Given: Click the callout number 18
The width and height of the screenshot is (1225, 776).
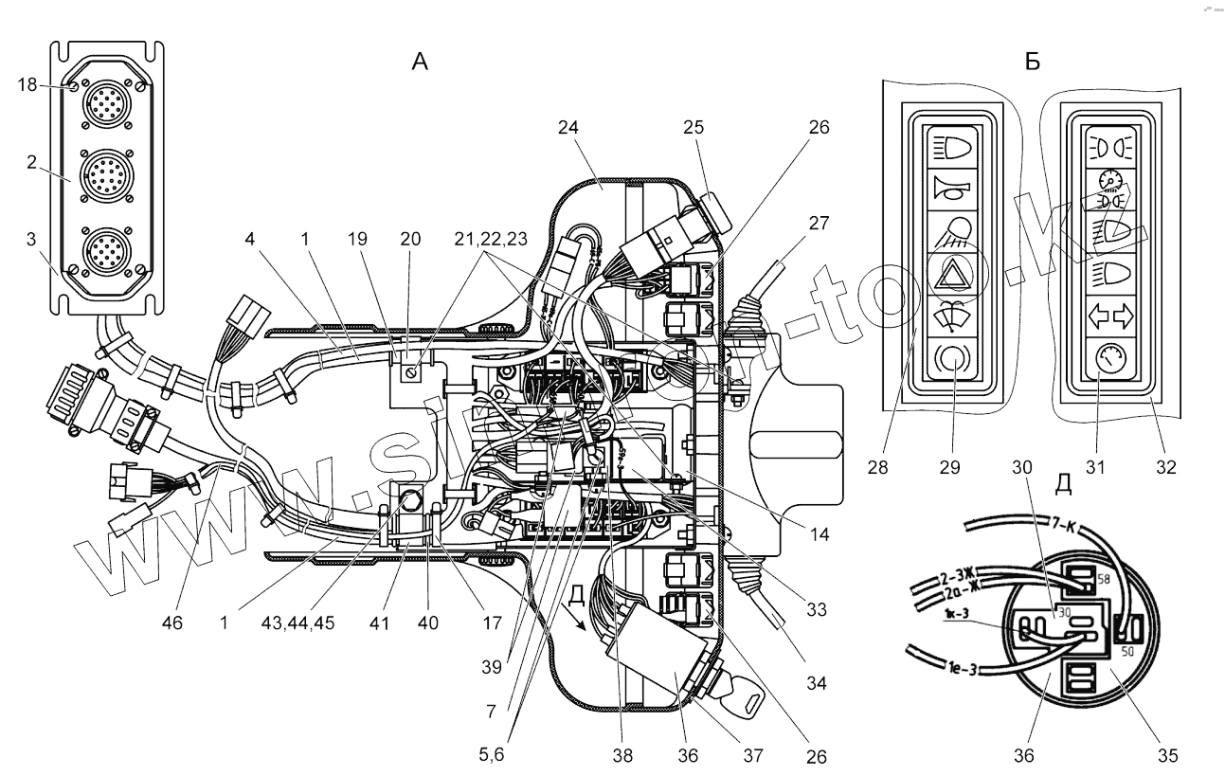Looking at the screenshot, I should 27,85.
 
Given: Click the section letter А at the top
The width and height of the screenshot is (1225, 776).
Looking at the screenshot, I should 420,63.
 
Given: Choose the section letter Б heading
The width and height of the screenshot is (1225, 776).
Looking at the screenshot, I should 1033,63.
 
